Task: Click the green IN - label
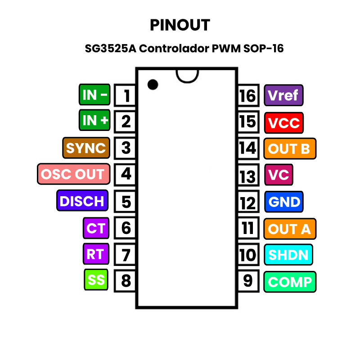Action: tap(95, 95)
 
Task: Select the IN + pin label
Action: tap(95, 120)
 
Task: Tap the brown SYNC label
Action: tap(86, 148)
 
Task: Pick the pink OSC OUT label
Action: tap(73, 174)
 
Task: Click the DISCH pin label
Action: tap(82, 201)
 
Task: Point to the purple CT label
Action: tap(95, 228)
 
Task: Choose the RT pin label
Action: tap(95, 254)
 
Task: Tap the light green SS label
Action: tap(96, 280)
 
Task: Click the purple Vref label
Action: tap(283, 95)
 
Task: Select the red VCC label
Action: tap(283, 122)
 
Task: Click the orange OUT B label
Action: tap(289, 149)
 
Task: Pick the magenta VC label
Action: tap(279, 175)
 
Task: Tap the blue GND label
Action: tap(283, 202)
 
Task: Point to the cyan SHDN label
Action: tap(288, 255)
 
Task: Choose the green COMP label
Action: tap(290, 282)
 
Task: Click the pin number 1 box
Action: tap(126, 95)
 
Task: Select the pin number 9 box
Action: tap(248, 281)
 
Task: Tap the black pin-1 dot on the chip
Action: tap(153, 84)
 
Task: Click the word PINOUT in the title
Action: tap(180, 25)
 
